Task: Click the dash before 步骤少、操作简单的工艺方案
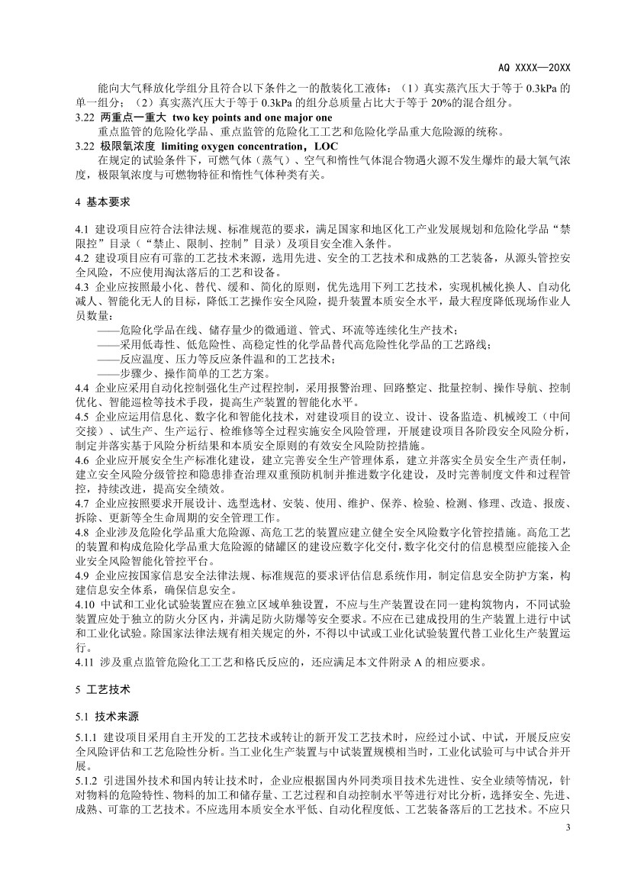(x=108, y=373)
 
